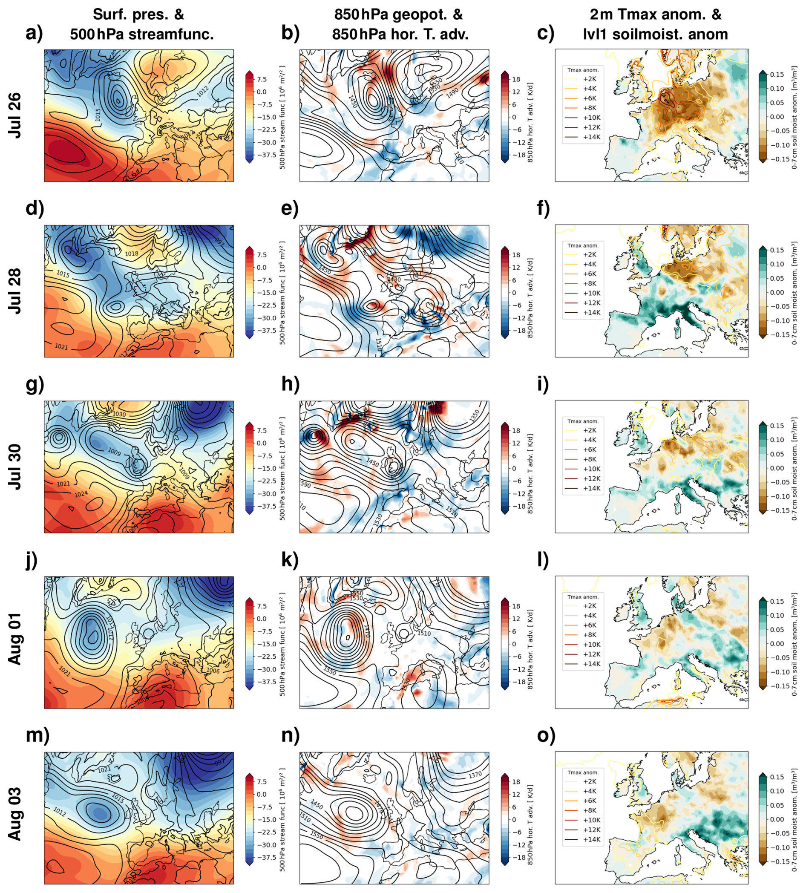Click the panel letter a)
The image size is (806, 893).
[x=34, y=33]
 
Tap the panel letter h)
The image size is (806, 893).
[x=290, y=384]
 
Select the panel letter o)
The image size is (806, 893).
[x=546, y=735]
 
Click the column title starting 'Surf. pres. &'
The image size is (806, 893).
[x=138, y=14]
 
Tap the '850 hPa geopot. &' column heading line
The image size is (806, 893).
[x=398, y=14]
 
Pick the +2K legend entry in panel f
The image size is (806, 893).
[x=590, y=255]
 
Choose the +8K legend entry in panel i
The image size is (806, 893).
[x=590, y=459]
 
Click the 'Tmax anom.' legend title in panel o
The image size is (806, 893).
[x=583, y=772]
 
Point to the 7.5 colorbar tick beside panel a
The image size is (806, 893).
[x=262, y=79]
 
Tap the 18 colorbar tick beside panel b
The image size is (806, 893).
[x=516, y=79]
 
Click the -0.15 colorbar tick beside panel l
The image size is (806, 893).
[x=779, y=686]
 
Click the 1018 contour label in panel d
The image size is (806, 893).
[x=131, y=254]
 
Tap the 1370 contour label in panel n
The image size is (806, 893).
[x=474, y=775]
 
